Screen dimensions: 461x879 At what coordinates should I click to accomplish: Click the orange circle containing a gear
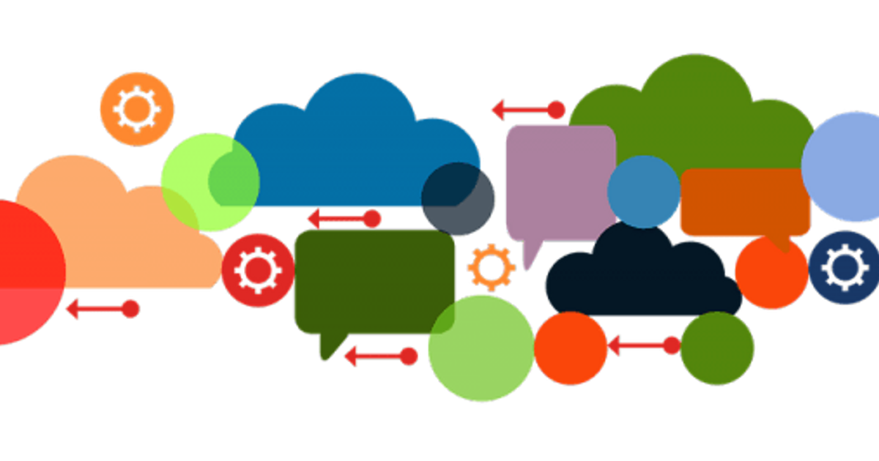pyautogui.click(x=137, y=109)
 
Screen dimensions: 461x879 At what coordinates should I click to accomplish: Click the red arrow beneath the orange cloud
pyautogui.click(x=103, y=308)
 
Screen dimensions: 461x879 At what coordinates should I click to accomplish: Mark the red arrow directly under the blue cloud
pyautogui.click(x=345, y=218)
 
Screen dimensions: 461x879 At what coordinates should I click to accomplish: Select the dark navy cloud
pyautogui.click(x=637, y=278)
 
